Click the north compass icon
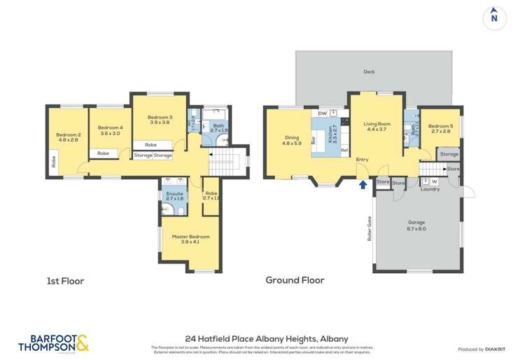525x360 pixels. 494,17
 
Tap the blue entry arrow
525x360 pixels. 363,185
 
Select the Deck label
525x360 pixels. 369,71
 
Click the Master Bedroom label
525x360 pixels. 190,239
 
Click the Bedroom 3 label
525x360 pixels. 160,119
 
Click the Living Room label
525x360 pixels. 377,126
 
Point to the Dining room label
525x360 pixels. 291,140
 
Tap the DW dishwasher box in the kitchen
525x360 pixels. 323,113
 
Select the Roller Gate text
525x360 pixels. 370,228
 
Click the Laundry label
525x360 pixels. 430,188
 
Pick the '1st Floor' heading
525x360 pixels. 64,281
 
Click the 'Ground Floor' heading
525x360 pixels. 294,280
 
